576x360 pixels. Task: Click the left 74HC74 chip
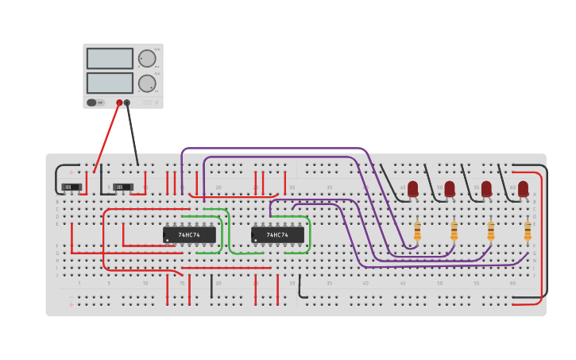(189, 235)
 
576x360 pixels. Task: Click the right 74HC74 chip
(277, 235)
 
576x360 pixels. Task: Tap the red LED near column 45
(412, 189)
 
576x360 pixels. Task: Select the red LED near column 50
(450, 189)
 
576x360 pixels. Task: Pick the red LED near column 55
(486, 189)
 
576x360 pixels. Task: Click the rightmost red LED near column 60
(523, 189)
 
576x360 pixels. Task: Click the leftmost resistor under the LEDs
(417, 230)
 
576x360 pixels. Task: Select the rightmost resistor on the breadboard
(528, 230)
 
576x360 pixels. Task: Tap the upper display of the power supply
(110, 59)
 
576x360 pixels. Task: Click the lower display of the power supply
(110, 83)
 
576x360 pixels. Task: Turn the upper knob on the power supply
(147, 58)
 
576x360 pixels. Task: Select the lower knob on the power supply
(147, 83)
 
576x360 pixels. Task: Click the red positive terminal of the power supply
(119, 103)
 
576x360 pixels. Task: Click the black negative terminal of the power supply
(127, 103)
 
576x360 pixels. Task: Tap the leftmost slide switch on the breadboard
(72, 188)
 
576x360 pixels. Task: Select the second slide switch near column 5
(122, 188)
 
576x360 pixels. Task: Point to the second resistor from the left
(454, 230)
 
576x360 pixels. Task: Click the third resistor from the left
(490, 230)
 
